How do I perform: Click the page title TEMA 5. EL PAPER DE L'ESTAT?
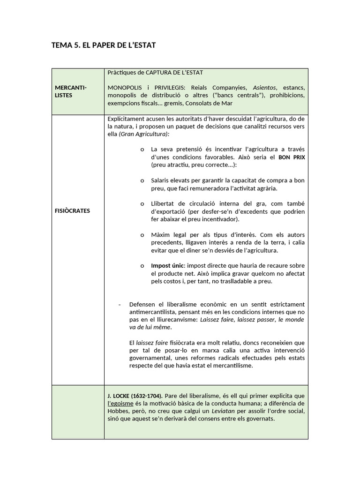[x=103, y=45]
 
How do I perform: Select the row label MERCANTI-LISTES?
[x=70, y=91]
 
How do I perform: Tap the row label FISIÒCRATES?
[x=72, y=210]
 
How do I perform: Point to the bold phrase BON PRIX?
[x=292, y=157]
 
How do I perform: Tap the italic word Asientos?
[x=264, y=88]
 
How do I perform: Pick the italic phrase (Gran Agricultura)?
[x=144, y=134]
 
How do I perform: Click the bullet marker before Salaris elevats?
[x=142, y=180]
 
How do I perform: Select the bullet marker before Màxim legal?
[x=142, y=234]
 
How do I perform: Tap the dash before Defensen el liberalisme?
[x=120, y=304]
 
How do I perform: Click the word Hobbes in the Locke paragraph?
[x=119, y=411]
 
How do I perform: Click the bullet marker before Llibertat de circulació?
[x=142, y=203]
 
